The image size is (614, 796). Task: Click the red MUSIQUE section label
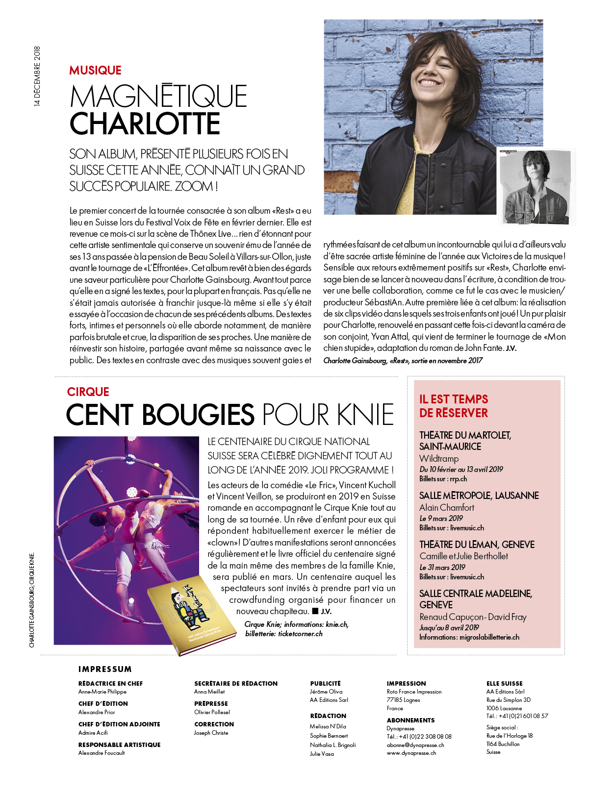95,71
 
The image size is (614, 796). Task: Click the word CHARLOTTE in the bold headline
145,124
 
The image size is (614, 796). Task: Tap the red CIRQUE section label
88,392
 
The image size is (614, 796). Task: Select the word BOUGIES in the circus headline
198,415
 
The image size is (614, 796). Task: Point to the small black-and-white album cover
536,187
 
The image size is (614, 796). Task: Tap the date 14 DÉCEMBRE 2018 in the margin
38,76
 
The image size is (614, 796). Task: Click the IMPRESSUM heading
105,669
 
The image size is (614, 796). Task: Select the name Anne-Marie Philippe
102,692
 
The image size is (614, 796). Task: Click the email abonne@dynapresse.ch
415,745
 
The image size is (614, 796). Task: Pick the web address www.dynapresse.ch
411,753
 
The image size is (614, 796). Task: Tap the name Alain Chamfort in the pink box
447,508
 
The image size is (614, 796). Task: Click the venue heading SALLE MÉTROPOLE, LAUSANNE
479,496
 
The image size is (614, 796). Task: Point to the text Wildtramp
439,459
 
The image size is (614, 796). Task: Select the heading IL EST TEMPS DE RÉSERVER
454,406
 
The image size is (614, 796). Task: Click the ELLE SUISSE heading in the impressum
504,683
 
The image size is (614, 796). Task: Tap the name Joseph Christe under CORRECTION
211,733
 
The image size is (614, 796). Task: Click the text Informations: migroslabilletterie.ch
469,637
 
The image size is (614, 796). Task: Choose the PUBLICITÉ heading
325,683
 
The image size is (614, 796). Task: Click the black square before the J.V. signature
315,611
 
